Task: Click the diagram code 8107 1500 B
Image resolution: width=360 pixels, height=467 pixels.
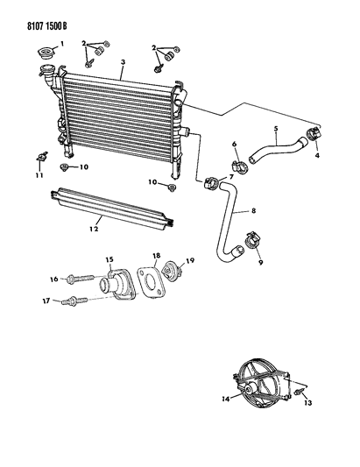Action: pyautogui.click(x=47, y=26)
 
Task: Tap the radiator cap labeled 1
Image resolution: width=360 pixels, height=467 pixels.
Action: pyautogui.click(x=45, y=54)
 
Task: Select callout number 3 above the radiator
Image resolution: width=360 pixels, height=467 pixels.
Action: pyautogui.click(x=123, y=62)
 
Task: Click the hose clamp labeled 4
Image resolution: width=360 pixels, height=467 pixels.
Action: pyautogui.click(x=314, y=133)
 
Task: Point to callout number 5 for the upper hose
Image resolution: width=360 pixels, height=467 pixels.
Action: pyautogui.click(x=276, y=129)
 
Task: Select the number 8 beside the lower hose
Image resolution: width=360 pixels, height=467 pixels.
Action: pyautogui.click(x=253, y=210)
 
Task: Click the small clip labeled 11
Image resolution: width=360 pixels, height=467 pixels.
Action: pyautogui.click(x=42, y=156)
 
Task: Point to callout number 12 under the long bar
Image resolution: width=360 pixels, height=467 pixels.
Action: pyautogui.click(x=94, y=229)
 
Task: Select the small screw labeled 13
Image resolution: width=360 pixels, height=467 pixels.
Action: pyautogui.click(x=299, y=393)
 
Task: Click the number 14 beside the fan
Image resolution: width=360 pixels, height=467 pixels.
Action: pyautogui.click(x=226, y=399)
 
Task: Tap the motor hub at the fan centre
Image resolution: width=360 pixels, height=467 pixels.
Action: pyautogui.click(x=250, y=388)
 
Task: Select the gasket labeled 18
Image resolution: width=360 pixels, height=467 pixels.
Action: pyautogui.click(x=151, y=281)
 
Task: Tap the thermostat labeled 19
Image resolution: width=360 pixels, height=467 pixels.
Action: pyautogui.click(x=172, y=270)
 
